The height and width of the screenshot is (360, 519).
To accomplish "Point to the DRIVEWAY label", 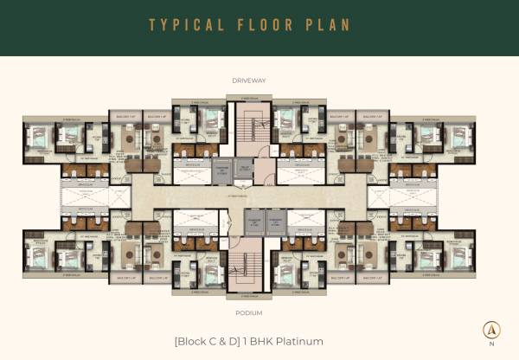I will point(248,80).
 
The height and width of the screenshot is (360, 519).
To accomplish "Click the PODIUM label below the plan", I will point(248,312).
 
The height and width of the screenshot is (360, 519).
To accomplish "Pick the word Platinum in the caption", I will point(298,341).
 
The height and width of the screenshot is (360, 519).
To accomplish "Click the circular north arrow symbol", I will point(491,330).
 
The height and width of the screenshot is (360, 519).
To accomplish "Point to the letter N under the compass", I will point(491,344).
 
